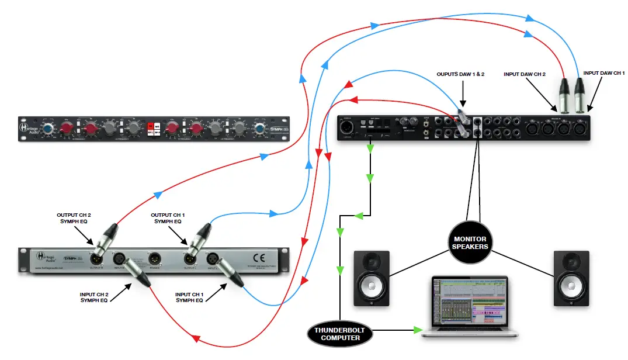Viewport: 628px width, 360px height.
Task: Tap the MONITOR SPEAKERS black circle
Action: tap(469, 243)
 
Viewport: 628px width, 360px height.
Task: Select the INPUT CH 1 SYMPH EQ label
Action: tap(193, 296)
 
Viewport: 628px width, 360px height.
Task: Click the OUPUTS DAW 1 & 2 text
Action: tap(462, 75)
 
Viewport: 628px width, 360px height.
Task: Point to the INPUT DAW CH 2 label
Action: tap(525, 75)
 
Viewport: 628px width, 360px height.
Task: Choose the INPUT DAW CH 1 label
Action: tap(604, 72)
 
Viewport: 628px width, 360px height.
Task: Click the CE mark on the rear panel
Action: tap(258, 257)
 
